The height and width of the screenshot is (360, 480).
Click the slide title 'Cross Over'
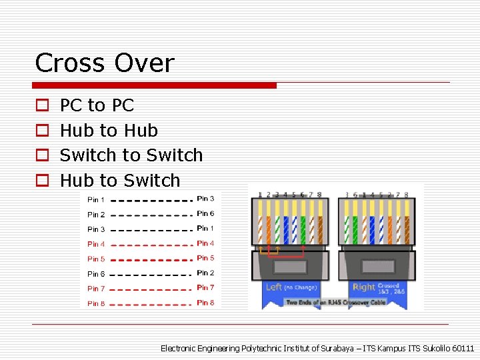(104, 63)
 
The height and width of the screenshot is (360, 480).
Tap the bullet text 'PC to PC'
(97, 105)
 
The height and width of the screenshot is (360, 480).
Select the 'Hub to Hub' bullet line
(109, 130)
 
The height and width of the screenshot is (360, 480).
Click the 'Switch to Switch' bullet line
(131, 155)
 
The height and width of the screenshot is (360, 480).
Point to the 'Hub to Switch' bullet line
(120, 180)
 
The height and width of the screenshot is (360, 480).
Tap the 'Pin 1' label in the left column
(96, 199)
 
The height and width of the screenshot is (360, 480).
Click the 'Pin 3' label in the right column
(205, 199)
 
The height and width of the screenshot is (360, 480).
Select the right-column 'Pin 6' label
(205, 213)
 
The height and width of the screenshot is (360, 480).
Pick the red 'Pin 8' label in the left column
(96, 303)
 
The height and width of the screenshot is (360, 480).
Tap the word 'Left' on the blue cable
(273, 287)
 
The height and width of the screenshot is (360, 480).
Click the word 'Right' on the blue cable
(363, 287)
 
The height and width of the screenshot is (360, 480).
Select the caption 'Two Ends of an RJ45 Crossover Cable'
(335, 302)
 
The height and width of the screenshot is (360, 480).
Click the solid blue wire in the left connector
(286, 223)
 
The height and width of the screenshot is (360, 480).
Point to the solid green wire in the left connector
(303, 223)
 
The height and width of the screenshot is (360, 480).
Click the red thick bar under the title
(154, 85)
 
